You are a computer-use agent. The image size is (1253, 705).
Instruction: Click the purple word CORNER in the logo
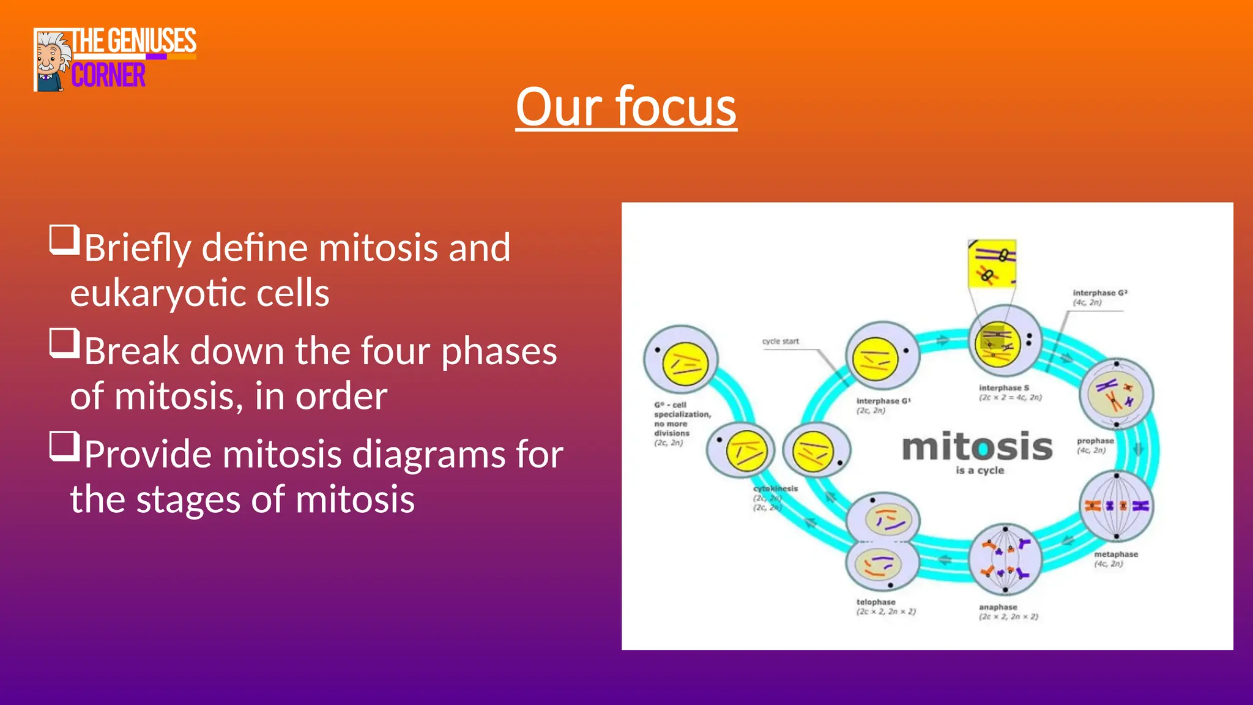pos(108,75)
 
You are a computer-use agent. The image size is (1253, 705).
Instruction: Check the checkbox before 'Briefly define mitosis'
pos(64,239)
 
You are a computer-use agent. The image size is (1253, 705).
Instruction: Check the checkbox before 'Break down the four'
pos(64,343)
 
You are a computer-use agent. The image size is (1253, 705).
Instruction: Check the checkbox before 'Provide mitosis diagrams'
pos(64,446)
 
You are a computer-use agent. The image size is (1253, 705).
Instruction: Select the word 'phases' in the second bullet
pos(499,351)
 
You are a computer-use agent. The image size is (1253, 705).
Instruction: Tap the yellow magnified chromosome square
pos(992,263)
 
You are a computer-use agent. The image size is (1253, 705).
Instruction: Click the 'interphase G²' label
pos(1099,293)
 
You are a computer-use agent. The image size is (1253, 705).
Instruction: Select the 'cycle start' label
pos(780,341)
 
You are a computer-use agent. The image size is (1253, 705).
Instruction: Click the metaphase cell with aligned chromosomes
pos(1116,505)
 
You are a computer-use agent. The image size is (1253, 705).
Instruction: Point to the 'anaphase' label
pos(998,607)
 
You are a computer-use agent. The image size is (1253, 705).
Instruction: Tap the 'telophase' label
pos(876,602)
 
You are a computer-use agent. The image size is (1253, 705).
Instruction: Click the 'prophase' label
pos(1095,441)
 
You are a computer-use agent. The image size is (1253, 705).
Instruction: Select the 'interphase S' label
pos(1004,388)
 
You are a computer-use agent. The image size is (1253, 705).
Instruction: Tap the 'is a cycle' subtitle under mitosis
pos(980,470)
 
